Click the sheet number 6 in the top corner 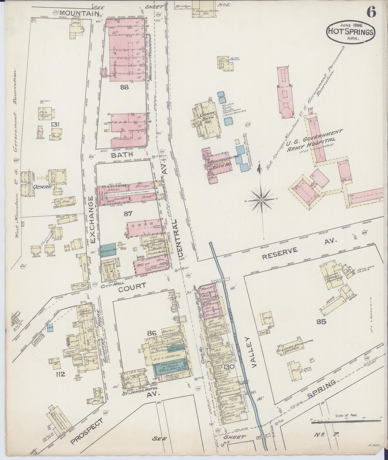point(372,12)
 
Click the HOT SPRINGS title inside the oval point(350,32)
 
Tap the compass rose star point(262,200)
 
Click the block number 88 point(125,87)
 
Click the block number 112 point(61,374)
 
